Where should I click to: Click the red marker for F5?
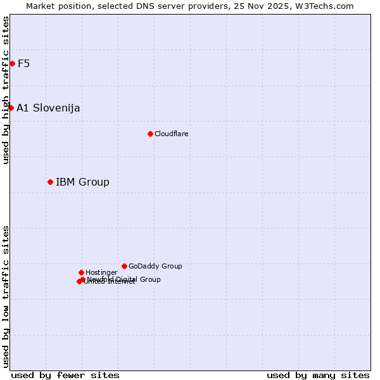point(12,63)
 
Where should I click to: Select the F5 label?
point(24,63)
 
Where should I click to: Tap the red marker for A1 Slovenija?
point(11,108)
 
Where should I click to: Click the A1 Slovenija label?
point(48,108)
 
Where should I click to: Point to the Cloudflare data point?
point(150,134)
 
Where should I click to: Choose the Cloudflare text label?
point(172,134)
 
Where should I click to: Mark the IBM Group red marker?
point(50,182)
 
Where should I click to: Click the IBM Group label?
point(82,182)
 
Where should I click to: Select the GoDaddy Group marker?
point(124,266)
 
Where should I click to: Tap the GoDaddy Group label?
point(155,266)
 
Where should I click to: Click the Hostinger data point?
point(81,272)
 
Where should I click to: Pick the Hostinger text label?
point(101,272)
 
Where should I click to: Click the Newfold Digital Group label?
point(124,279)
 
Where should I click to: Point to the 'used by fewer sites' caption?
point(65,375)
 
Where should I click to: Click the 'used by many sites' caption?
point(318,375)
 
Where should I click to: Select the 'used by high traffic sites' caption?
point(6,90)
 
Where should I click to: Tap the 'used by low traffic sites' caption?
point(6,296)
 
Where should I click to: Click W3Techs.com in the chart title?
point(327,6)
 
